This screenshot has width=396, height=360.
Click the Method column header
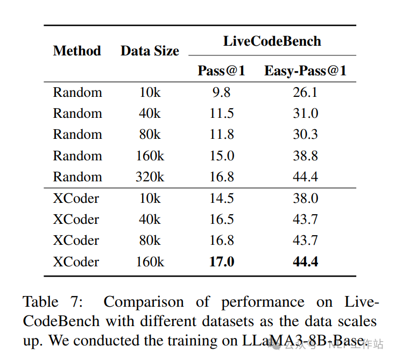[x=77, y=51]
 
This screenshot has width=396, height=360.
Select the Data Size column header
[x=150, y=51]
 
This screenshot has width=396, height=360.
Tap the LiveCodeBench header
[x=272, y=41]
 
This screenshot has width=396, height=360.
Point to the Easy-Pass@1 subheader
[x=305, y=70]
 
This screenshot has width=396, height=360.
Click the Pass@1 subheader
[x=221, y=70]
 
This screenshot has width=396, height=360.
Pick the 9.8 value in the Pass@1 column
[x=221, y=92]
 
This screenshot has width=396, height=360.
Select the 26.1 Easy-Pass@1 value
[x=305, y=92]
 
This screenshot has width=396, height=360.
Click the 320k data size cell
[x=150, y=177]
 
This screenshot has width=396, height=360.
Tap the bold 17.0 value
[x=221, y=262]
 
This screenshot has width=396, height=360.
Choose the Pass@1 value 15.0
[x=221, y=156]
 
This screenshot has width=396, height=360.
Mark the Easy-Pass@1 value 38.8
[x=305, y=156]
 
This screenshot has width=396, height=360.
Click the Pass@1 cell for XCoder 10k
[x=221, y=198]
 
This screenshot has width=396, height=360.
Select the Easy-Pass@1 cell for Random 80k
[x=305, y=135]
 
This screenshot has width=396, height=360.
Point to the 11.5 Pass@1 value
[x=221, y=114]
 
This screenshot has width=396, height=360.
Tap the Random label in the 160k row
[x=77, y=156]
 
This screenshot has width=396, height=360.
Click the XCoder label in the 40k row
[x=76, y=219]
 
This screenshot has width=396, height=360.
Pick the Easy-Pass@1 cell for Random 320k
[x=305, y=177]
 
